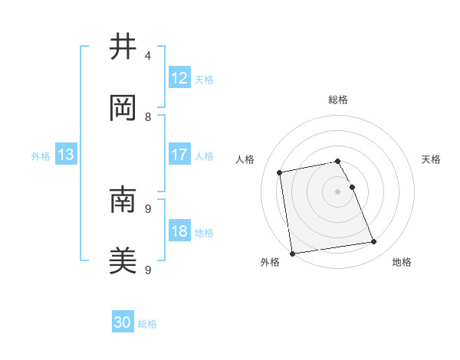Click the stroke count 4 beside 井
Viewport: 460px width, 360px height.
click(148, 55)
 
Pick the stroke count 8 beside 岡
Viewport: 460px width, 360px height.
click(148, 116)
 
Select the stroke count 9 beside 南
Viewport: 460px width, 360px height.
click(148, 208)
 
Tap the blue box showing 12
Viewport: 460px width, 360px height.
click(179, 77)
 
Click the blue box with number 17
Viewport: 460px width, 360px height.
click(179, 155)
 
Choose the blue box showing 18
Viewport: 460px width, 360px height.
click(179, 231)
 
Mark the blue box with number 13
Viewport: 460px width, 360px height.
click(66, 155)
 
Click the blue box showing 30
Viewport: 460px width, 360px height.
click(123, 322)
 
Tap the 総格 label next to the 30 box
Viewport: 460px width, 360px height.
click(147, 324)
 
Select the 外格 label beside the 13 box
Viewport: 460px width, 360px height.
click(41, 156)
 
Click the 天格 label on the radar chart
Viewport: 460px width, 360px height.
click(432, 159)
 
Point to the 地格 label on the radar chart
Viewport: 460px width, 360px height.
click(402, 262)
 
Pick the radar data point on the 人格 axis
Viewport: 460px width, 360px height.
click(280, 172)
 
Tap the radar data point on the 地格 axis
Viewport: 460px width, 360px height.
click(374, 242)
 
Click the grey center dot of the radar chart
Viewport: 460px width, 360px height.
click(337, 191)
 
